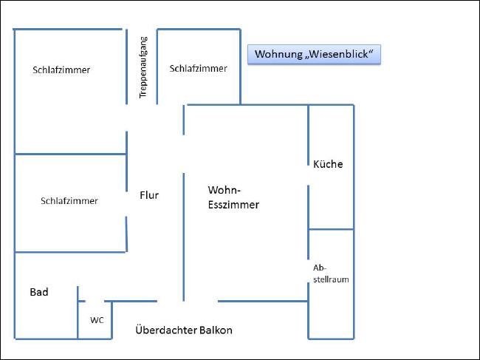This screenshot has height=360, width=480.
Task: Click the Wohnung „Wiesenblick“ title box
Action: coord(314,55)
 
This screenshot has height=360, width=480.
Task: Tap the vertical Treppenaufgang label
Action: coord(143,67)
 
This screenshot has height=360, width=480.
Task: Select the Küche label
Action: coord(328,164)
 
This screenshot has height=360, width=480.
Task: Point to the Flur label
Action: coord(149,195)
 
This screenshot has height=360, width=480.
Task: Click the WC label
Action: coord(97,320)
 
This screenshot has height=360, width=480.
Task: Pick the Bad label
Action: coord(39,292)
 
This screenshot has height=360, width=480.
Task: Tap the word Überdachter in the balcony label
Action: coord(166,330)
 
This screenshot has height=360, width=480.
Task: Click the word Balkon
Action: coord(216,330)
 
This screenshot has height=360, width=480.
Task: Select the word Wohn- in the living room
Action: coord(224,190)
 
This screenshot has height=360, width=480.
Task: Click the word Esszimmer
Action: coord(233,205)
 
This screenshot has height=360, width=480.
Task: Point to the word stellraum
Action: coord(331,279)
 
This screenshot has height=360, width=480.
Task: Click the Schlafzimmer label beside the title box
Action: coord(199,68)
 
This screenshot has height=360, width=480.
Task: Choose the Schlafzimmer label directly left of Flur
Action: coord(69,200)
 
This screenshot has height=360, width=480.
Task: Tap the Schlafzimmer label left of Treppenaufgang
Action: coord(61,69)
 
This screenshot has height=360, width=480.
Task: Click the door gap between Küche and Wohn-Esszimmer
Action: coord(308,175)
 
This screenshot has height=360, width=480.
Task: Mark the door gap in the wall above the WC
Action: coord(95,301)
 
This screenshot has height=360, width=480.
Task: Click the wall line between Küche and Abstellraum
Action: coord(331,229)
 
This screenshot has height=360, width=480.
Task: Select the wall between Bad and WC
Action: coord(78,313)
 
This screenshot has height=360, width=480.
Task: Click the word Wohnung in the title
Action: coord(278,54)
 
